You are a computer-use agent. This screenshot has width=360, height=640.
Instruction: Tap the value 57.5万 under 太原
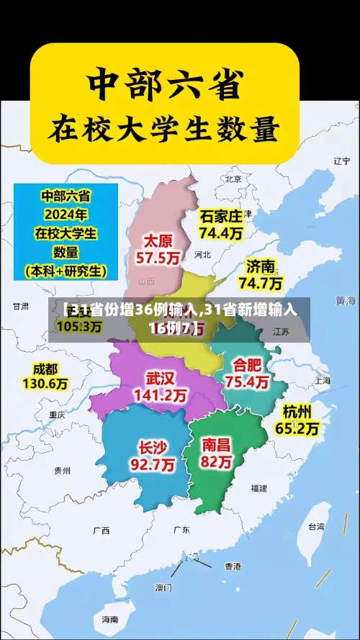tap(160, 257)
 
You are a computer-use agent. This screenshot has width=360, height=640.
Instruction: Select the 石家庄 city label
tap(221, 216)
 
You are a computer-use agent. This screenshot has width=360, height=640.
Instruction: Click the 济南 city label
tap(261, 267)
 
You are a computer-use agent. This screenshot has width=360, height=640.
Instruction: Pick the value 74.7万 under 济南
tap(261, 283)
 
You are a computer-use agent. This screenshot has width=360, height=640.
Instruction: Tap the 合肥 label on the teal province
tap(247, 365)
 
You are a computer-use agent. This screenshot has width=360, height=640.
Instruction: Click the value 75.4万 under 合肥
tap(247, 382)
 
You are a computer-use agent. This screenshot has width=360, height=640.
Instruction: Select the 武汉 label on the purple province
tap(160, 378)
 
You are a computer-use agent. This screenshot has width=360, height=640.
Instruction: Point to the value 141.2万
tap(160, 395)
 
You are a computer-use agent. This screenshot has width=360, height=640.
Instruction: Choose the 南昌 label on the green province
tap(217, 444)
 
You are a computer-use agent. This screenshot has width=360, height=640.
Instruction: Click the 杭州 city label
tap(297, 412)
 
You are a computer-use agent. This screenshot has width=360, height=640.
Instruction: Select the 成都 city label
tap(45, 369)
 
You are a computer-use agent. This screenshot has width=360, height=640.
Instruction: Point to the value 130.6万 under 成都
tap(45, 384)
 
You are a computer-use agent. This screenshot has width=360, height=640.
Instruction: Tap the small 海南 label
tap(109, 618)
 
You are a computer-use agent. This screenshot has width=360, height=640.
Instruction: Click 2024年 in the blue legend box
tap(66, 214)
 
